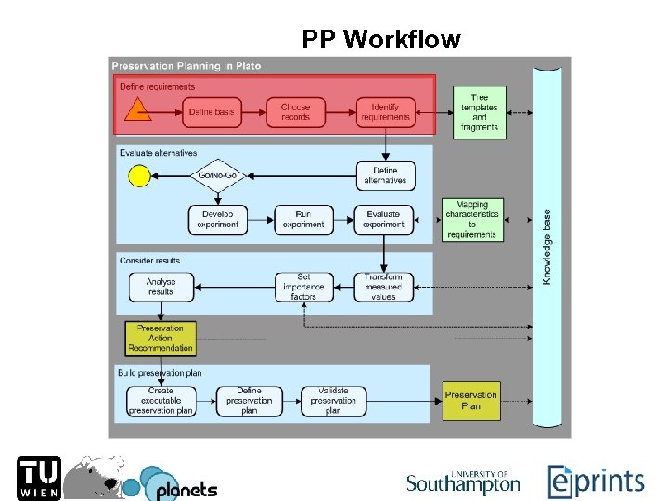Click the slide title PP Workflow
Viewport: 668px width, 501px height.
(380, 40)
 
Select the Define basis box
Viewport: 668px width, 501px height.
(212, 112)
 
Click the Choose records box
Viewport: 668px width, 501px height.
(296, 112)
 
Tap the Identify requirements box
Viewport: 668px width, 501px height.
(384, 112)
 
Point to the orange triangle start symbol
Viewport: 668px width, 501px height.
(137, 113)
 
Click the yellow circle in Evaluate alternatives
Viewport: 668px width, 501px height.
(139, 175)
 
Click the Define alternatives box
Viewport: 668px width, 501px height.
(385, 175)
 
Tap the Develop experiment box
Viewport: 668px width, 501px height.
(219, 219)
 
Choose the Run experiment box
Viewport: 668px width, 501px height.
(303, 219)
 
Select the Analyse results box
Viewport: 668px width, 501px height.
(161, 286)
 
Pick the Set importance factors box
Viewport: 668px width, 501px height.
(303, 286)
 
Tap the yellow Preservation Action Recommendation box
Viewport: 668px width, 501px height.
(161, 339)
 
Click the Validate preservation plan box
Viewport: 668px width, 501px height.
(333, 401)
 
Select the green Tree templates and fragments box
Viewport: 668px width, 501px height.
(480, 112)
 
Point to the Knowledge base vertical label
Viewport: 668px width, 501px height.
(547, 246)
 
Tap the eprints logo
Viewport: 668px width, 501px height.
(595, 481)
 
